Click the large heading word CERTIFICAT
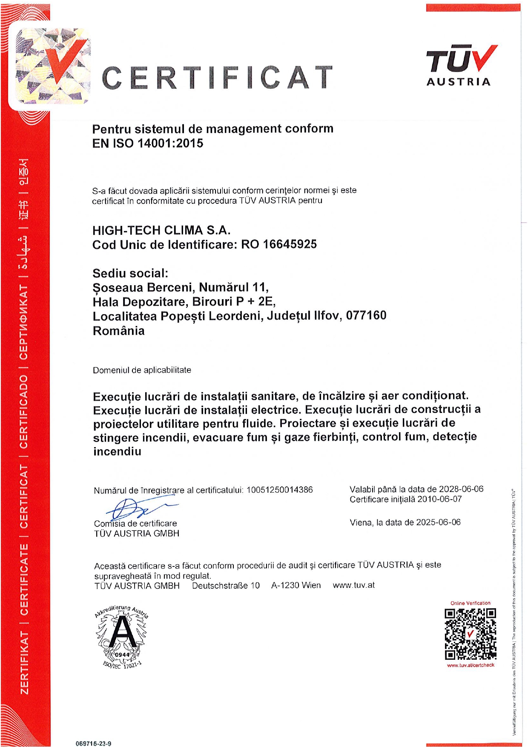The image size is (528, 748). pos(217,78)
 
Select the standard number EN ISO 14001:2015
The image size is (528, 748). pos(148,143)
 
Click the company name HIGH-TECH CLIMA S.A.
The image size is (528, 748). pos(161,231)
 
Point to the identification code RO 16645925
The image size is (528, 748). pos(279,244)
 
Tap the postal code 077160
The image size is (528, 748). pos(366,316)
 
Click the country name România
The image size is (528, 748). pos(118,331)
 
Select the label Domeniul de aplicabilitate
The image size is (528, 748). pos(142,370)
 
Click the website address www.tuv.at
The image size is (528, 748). pos(354,585)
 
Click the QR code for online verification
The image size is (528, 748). pos(470,634)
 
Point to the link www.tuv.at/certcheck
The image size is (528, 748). pos(471,665)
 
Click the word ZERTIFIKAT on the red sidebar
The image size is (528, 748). pos(25,662)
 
